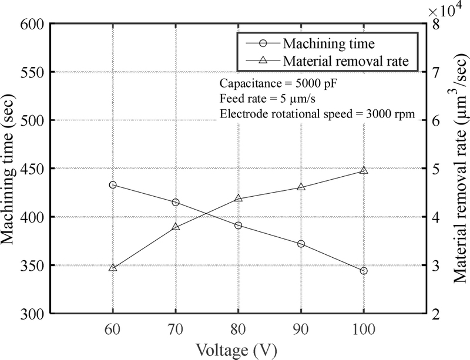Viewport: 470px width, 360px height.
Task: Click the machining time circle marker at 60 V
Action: click(113, 185)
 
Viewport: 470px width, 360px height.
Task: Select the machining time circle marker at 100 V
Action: click(364, 271)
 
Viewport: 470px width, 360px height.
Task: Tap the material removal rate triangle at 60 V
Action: click(113, 267)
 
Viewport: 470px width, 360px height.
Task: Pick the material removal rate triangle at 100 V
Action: click(364, 170)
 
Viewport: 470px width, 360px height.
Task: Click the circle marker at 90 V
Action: click(301, 244)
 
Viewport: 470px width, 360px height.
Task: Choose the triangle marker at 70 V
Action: click(176, 227)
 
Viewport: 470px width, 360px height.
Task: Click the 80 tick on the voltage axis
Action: click(239, 325)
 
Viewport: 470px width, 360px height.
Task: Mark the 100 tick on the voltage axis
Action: click(364, 325)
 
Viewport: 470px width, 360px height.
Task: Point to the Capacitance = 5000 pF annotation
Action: click(277, 82)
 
